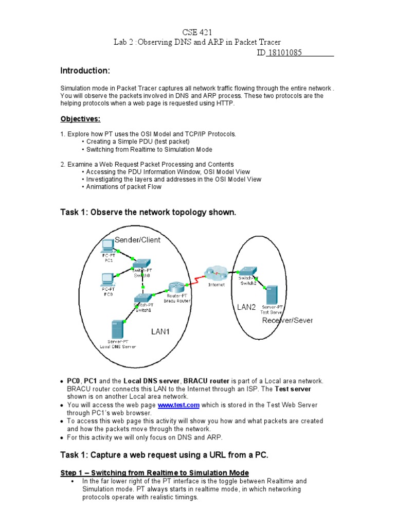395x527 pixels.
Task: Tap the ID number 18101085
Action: [x=284, y=53]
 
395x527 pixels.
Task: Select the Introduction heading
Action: [x=85, y=71]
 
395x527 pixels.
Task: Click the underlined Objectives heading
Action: [x=80, y=119]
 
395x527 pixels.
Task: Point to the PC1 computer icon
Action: [x=108, y=246]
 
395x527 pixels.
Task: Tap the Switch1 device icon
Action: [x=142, y=297]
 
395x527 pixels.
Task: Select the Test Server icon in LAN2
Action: [x=272, y=296]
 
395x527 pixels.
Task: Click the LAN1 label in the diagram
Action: [x=159, y=332]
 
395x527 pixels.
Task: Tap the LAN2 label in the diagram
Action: [x=246, y=307]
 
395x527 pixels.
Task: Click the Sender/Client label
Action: [x=137, y=240]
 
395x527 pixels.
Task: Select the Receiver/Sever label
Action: [x=287, y=320]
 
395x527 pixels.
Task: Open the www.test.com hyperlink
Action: [x=178, y=405]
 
